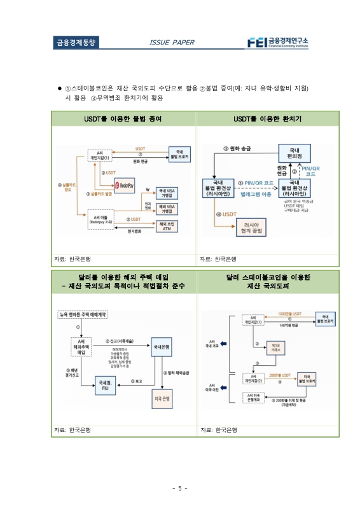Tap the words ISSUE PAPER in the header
click(171, 43)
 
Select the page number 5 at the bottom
click(179, 489)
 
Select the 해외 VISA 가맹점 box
click(168, 209)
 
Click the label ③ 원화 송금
click(237, 148)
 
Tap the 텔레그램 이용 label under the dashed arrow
click(256, 193)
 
